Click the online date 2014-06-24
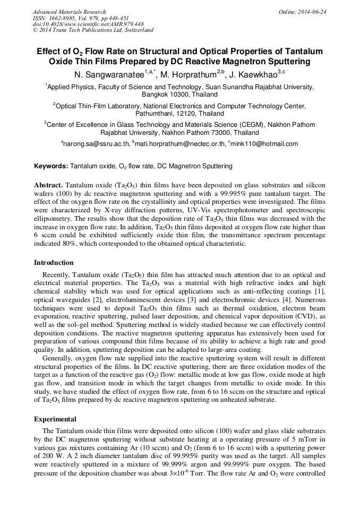311,12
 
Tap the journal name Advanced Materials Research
69,12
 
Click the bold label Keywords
50,166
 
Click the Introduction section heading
54,263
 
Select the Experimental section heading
55,419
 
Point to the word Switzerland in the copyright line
138,30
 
